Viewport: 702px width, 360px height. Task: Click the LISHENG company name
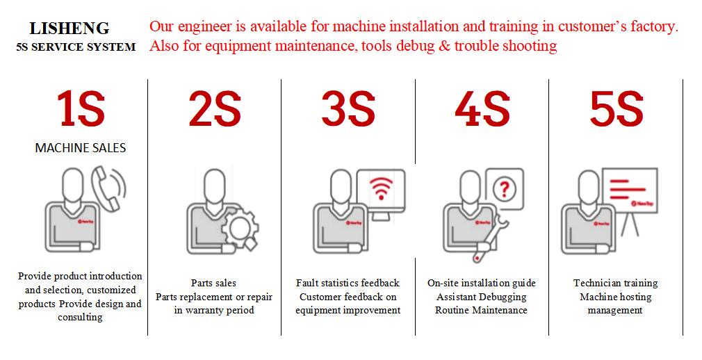click(x=70, y=28)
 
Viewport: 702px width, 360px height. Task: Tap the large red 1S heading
click(x=81, y=111)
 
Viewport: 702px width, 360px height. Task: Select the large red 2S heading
click(x=215, y=111)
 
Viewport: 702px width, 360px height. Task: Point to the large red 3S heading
click(x=348, y=111)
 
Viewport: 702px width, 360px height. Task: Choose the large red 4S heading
click(x=482, y=111)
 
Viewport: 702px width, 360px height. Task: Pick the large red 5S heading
click(x=617, y=111)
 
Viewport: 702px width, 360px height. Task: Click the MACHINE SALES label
click(x=81, y=148)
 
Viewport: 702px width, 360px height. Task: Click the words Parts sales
click(x=213, y=283)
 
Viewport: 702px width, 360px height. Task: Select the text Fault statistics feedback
click(x=348, y=283)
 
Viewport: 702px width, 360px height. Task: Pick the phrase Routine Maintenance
click(x=481, y=310)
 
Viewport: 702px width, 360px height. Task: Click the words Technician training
click(x=615, y=283)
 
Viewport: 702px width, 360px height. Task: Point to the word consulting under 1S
click(x=80, y=317)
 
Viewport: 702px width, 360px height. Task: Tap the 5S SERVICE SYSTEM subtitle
click(x=75, y=47)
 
